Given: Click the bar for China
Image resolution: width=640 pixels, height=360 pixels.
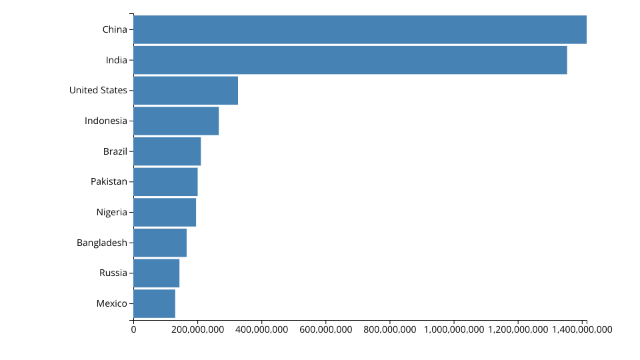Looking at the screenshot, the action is [x=360, y=29].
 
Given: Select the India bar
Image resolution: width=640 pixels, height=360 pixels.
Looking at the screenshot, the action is [x=350, y=60].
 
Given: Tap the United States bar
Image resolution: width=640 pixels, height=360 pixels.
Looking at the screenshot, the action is [x=186, y=90].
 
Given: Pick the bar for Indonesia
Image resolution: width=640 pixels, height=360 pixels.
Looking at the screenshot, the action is [x=176, y=121].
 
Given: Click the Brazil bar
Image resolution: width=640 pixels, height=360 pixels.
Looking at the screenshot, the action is [x=167, y=151].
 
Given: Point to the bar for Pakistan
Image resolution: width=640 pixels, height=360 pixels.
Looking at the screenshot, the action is [x=165, y=181].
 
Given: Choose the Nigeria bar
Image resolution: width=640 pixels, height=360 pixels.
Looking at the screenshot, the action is [x=165, y=212].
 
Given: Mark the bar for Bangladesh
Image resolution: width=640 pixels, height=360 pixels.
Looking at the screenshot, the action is [x=160, y=243].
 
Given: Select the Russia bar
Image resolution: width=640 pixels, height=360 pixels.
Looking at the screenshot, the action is [x=156, y=273].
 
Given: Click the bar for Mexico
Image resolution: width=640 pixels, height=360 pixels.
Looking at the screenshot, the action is [x=154, y=304].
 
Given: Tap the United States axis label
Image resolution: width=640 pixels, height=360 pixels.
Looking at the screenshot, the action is [x=98, y=90].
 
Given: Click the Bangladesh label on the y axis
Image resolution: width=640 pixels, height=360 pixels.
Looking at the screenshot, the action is [x=102, y=243].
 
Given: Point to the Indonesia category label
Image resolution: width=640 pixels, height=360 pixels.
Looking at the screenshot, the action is [x=106, y=121].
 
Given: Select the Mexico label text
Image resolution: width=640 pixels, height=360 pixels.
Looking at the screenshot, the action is [x=112, y=304].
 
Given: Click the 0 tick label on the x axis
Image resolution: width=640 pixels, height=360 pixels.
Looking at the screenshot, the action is [x=133, y=329].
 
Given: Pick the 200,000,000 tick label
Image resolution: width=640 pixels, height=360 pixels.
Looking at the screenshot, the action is [x=197, y=329].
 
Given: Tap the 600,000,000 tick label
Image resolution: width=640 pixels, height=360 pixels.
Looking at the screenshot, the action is [x=326, y=329].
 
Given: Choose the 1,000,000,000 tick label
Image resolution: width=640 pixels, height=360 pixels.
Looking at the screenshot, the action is [x=454, y=329].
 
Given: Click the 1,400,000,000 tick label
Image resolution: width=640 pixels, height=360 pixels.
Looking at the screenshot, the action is [x=582, y=329].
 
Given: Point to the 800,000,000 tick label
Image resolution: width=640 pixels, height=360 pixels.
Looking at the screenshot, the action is [x=390, y=329].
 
